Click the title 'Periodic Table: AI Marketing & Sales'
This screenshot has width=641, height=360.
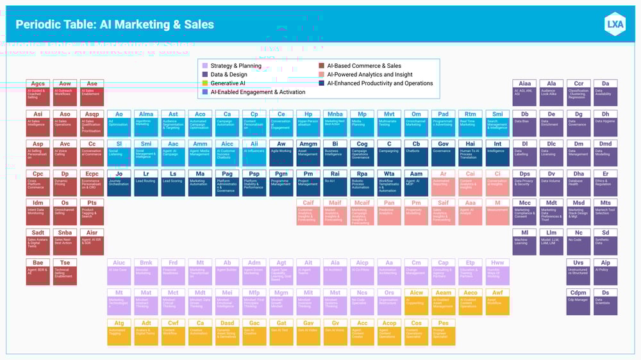click(x=115, y=25)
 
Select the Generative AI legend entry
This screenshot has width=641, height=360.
click(x=228, y=83)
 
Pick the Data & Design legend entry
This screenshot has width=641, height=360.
click(x=228, y=74)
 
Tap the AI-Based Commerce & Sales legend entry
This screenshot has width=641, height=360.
click(x=363, y=65)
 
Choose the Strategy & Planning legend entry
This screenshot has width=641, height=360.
click(x=235, y=65)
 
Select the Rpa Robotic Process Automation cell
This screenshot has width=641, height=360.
click(x=362, y=181)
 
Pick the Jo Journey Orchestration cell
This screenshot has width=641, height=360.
click(x=119, y=181)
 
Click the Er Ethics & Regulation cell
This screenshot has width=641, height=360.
click(x=605, y=181)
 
